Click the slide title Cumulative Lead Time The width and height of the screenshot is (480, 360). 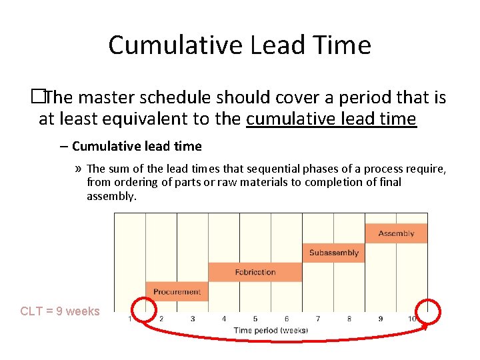click(x=239, y=45)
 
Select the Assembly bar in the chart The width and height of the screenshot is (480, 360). click(x=396, y=233)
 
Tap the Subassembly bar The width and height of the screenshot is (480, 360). click(x=334, y=253)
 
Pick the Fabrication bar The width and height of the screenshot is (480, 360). click(x=255, y=272)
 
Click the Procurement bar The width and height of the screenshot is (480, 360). click(x=177, y=291)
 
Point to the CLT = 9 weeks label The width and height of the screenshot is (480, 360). click(x=60, y=311)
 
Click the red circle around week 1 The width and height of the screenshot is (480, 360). click(x=144, y=311)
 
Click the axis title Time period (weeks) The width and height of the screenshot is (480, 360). click(x=271, y=330)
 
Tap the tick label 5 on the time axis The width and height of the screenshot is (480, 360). click(x=255, y=319)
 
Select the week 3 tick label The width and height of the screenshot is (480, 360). click(x=193, y=319)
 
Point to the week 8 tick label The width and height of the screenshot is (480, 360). click(x=349, y=319)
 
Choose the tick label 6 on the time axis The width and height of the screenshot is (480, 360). click(x=287, y=319)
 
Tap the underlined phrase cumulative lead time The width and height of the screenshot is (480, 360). click(x=331, y=119)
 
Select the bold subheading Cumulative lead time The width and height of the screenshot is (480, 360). click(x=137, y=146)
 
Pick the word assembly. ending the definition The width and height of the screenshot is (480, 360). click(x=111, y=196)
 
